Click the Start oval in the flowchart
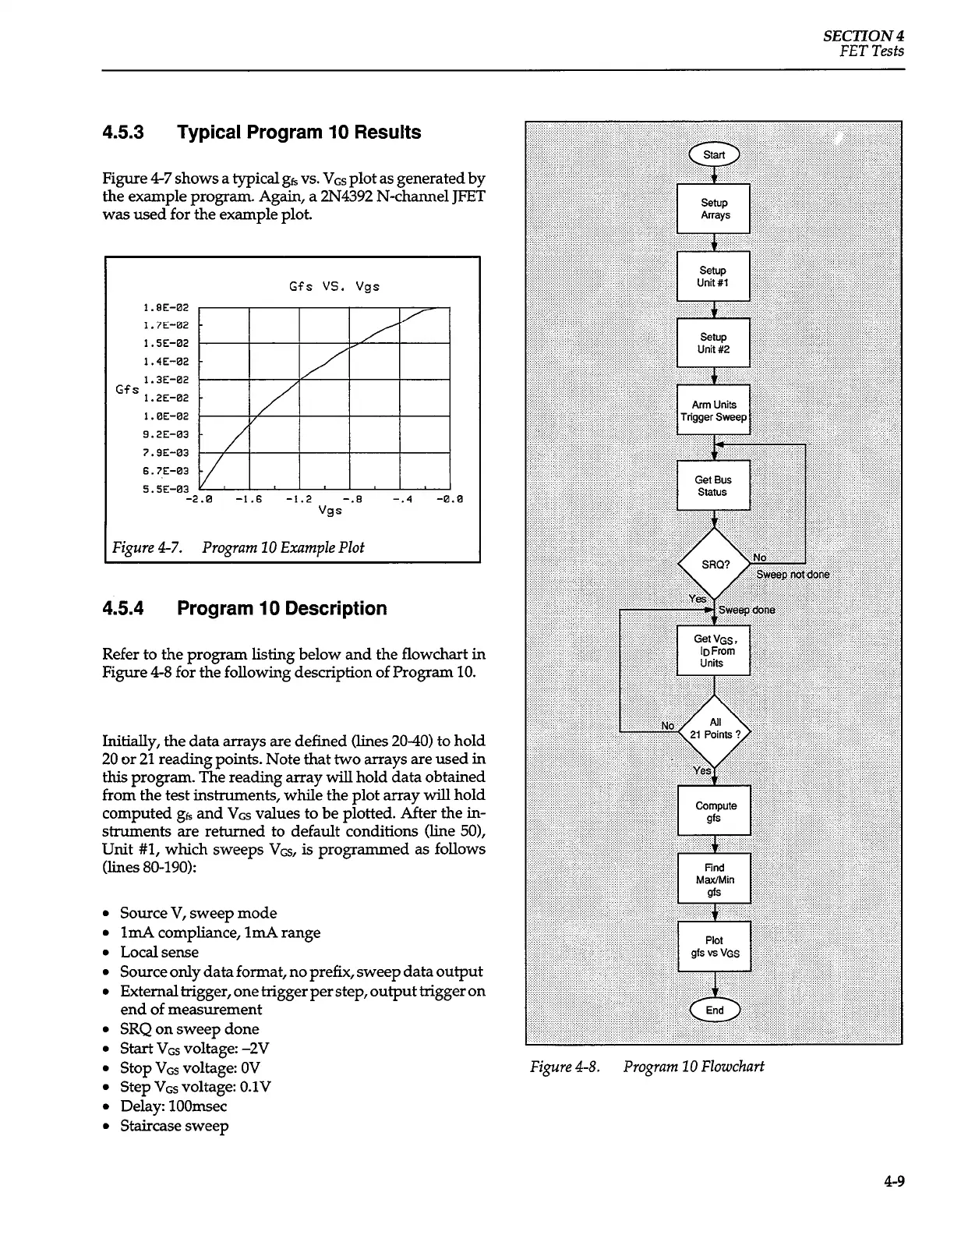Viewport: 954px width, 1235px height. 713,154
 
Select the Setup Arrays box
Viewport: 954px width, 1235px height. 713,208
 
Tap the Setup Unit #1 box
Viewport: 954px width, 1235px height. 713,276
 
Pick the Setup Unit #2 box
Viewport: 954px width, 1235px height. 713,343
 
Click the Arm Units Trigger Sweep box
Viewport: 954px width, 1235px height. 713,410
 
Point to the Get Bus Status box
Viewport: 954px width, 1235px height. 713,486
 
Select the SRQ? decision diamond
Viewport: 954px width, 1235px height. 715,564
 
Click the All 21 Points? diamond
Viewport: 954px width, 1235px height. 715,729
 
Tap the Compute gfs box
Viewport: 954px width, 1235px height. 714,812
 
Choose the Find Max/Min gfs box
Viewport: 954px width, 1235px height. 714,879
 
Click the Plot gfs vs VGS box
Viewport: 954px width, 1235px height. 714,947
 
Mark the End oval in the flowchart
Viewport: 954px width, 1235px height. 714,1010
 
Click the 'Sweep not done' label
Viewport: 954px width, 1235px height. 793,575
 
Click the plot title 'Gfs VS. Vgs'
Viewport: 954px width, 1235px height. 334,286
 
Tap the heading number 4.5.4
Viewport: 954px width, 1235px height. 123,608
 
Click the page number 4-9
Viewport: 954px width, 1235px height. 894,1181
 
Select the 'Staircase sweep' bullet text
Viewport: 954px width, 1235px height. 174,1126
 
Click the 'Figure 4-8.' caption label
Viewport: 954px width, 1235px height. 565,1066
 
